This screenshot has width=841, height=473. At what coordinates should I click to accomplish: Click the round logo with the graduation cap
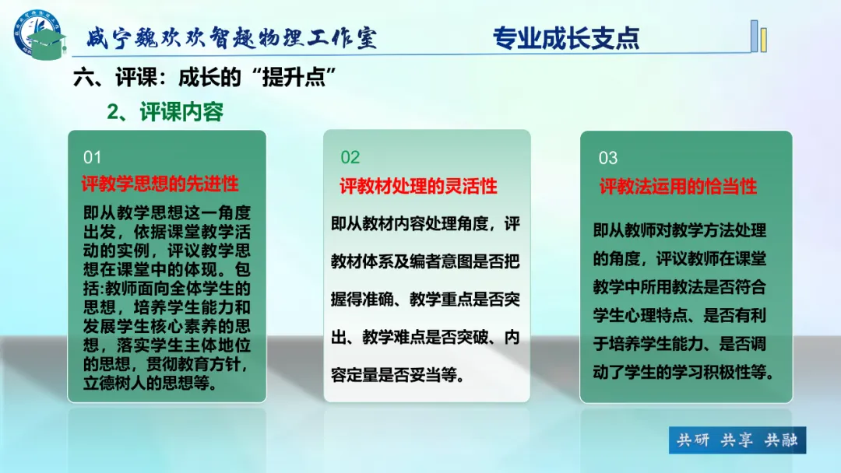click(39, 34)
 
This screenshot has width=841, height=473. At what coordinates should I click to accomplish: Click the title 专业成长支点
click(566, 37)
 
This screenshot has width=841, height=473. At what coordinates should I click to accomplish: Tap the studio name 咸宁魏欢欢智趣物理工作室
click(232, 37)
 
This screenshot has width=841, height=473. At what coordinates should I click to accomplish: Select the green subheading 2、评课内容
click(164, 112)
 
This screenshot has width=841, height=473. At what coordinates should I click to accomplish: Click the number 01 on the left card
click(92, 157)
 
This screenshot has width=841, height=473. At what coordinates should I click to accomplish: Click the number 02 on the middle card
click(350, 157)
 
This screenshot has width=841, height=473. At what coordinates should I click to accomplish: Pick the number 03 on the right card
click(607, 158)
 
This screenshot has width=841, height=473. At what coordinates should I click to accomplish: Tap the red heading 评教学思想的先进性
click(160, 184)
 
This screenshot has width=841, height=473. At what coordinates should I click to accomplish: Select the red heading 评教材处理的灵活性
click(418, 187)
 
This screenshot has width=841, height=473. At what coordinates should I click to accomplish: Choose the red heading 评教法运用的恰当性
click(678, 187)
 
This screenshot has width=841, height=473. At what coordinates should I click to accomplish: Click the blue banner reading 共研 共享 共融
click(737, 440)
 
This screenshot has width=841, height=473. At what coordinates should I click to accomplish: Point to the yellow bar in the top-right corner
click(764, 40)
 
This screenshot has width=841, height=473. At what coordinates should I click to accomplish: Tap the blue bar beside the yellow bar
click(754, 36)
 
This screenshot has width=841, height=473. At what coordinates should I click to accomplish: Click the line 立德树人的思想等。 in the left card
click(150, 383)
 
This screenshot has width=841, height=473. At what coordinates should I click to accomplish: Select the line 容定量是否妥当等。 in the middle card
click(397, 375)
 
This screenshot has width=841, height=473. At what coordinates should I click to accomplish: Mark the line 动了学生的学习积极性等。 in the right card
click(684, 372)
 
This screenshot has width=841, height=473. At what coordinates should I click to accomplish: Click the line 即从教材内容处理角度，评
click(425, 223)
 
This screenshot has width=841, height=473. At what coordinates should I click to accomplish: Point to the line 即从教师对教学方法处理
click(680, 230)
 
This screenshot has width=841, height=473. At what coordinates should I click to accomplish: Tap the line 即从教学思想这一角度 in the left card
click(167, 212)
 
